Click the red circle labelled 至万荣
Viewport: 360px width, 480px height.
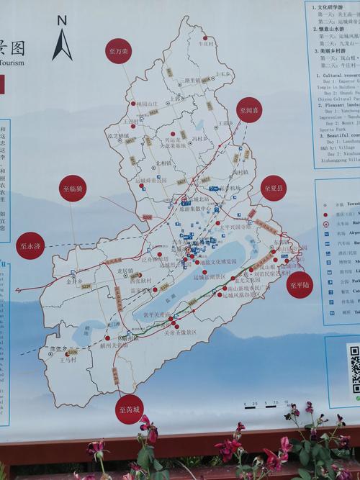tap(118, 52)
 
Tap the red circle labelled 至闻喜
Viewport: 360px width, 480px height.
tap(250, 111)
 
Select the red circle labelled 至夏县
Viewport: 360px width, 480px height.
tap(274, 188)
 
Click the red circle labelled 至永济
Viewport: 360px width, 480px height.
tap(31, 245)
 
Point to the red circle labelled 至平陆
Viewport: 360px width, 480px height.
tap(300, 284)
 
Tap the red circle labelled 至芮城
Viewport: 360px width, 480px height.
tap(130, 408)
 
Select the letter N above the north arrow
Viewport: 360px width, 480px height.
tap(62, 21)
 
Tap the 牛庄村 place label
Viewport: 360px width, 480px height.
tap(207, 43)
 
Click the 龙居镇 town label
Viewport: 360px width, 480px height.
tap(125, 271)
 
